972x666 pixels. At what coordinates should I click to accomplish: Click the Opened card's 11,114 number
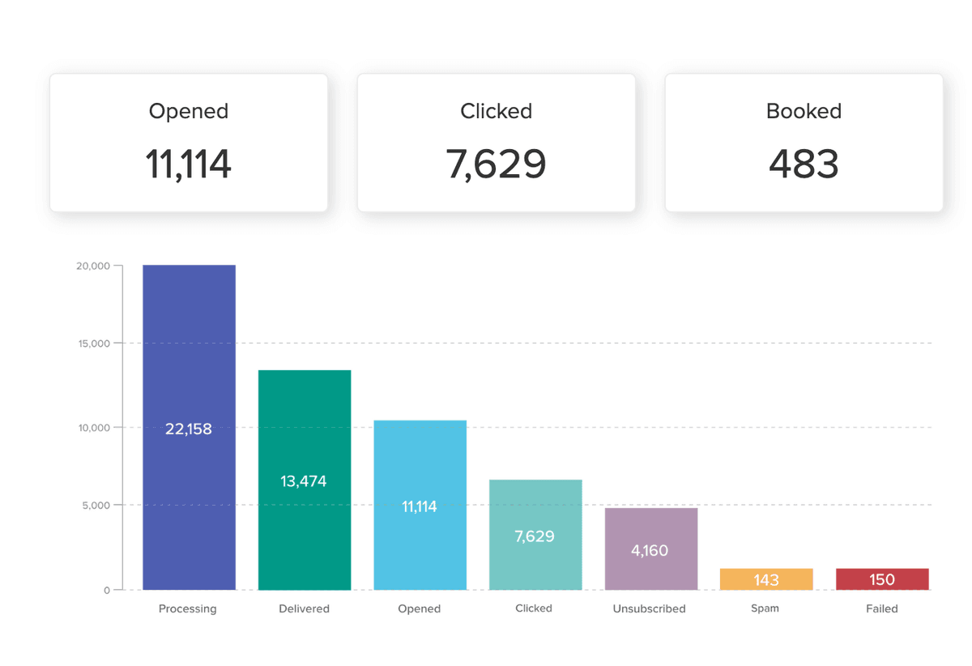[189, 164]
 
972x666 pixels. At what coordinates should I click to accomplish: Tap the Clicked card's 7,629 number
[496, 164]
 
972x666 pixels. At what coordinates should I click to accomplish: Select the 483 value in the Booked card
[804, 164]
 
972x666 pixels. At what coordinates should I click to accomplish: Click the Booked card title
[804, 111]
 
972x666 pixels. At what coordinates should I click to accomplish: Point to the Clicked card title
[496, 111]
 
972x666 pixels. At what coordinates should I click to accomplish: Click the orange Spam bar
[766, 579]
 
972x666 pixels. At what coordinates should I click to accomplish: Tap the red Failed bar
[882, 579]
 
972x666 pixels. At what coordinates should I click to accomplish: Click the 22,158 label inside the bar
[189, 429]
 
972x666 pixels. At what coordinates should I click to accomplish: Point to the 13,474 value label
[304, 481]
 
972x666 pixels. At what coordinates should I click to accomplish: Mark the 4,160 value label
[650, 551]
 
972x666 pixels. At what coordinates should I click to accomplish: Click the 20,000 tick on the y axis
[93, 266]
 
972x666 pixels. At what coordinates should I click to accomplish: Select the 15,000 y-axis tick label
[93, 344]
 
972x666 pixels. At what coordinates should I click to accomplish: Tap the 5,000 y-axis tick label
[96, 506]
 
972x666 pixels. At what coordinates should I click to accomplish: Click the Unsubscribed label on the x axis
[650, 608]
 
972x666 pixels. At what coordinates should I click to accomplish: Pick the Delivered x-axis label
[304, 608]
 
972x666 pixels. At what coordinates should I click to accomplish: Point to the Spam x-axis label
[765, 608]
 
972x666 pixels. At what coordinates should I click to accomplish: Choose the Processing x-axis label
[188, 608]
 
